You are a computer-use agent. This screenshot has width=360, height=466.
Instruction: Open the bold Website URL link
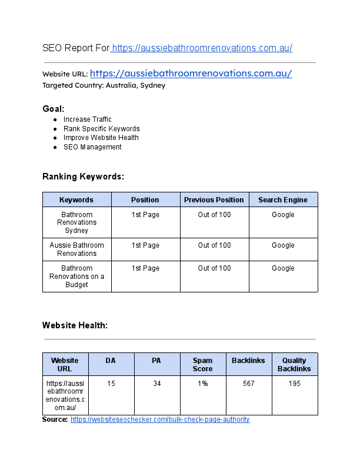[191, 74]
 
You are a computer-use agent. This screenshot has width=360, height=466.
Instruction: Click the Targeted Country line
[104, 85]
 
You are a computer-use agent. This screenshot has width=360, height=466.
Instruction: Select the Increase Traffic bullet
[87, 119]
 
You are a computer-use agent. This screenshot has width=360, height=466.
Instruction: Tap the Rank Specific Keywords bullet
[101, 129]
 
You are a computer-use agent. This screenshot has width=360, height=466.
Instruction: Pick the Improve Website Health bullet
[101, 138]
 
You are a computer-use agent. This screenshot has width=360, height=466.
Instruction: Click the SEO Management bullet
[92, 147]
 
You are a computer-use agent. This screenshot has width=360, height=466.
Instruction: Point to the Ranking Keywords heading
[83, 177]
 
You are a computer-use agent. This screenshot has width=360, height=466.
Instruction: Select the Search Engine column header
[283, 200]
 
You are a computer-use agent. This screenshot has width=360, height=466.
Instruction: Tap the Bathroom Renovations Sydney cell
[76, 222]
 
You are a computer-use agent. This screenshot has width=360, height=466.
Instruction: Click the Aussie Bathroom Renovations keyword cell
[76, 249]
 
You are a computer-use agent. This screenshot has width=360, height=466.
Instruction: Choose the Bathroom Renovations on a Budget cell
[76, 277]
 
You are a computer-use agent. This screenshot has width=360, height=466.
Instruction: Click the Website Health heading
[75, 325]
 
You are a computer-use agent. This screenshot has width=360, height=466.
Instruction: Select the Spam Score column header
[202, 364]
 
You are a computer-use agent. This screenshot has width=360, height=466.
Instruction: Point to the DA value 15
[111, 384]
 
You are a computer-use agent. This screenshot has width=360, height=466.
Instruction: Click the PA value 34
[156, 384]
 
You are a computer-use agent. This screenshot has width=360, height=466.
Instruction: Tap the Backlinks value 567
[248, 384]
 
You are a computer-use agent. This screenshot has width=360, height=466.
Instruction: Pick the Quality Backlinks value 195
[294, 384]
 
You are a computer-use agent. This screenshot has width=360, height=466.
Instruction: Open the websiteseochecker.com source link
[160, 420]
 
